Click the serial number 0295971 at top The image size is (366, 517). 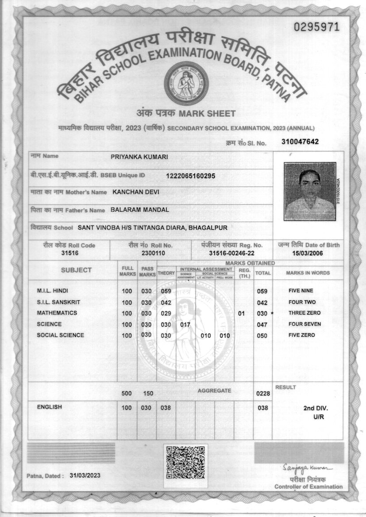click(x=316, y=27)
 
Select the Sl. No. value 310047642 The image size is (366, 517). click(x=300, y=142)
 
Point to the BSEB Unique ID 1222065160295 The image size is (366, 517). click(x=190, y=176)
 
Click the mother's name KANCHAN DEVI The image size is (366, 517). click(x=136, y=192)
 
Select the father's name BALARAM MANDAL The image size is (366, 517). click(x=139, y=210)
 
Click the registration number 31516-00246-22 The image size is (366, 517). click(x=231, y=253)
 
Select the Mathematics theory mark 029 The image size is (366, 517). click(x=166, y=313)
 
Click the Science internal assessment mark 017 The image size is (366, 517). click(x=185, y=324)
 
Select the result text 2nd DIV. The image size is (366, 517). click(x=316, y=408)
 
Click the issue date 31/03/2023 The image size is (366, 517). click(x=85, y=475)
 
